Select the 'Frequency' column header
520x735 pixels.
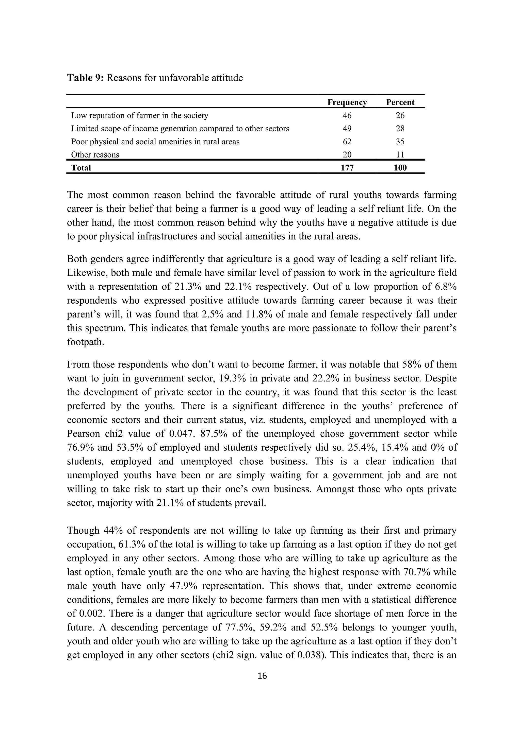click(347, 102)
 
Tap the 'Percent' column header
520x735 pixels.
click(400, 102)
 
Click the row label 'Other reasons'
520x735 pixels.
click(95, 155)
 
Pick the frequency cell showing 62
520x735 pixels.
click(347, 142)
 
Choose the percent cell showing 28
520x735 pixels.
click(400, 129)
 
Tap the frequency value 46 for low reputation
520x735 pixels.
click(347, 116)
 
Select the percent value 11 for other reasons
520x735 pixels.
click(400, 155)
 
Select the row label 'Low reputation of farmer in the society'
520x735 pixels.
click(139, 116)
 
